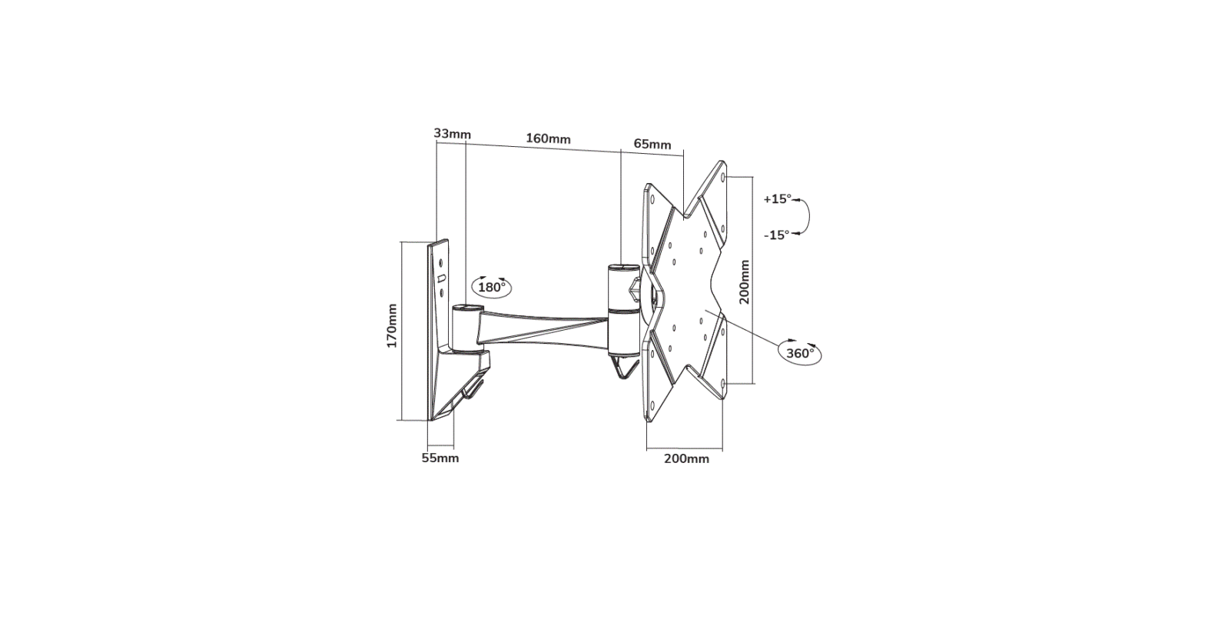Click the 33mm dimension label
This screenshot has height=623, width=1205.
[452, 134]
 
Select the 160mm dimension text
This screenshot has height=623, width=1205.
[548, 139]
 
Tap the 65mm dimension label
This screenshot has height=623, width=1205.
[652, 145]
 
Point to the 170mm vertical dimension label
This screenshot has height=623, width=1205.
[392, 326]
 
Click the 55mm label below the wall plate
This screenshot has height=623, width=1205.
[440, 458]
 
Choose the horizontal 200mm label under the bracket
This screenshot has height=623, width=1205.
[686, 459]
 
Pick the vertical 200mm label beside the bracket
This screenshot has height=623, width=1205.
[744, 282]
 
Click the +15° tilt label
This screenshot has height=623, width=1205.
[777, 198]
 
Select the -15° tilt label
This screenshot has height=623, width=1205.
[777, 235]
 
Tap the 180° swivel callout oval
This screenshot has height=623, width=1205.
[492, 287]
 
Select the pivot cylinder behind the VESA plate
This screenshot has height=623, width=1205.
[622, 308]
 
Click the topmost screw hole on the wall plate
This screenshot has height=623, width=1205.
[440, 262]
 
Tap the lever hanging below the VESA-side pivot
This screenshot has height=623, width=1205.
[624, 369]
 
